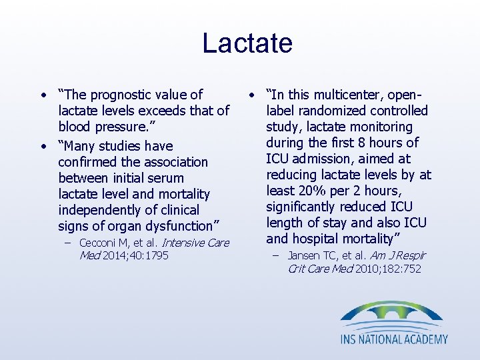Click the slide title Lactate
coord(247,43)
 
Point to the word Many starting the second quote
coord(85,146)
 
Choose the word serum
coord(165,178)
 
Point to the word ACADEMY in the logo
coord(424,339)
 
